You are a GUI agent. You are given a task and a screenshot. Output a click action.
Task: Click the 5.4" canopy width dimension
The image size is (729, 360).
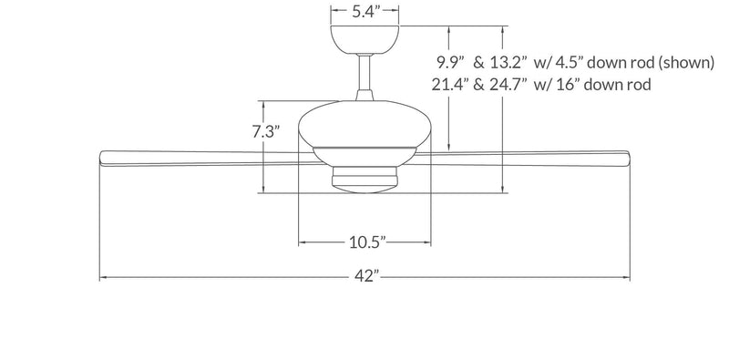tap(364, 12)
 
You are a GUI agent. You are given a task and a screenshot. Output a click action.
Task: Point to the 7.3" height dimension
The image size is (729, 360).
tap(265, 130)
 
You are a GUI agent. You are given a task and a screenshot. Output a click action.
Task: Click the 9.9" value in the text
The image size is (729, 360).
tap(452, 63)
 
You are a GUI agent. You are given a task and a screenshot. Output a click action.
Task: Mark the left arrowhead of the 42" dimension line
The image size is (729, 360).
tap(103, 277)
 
